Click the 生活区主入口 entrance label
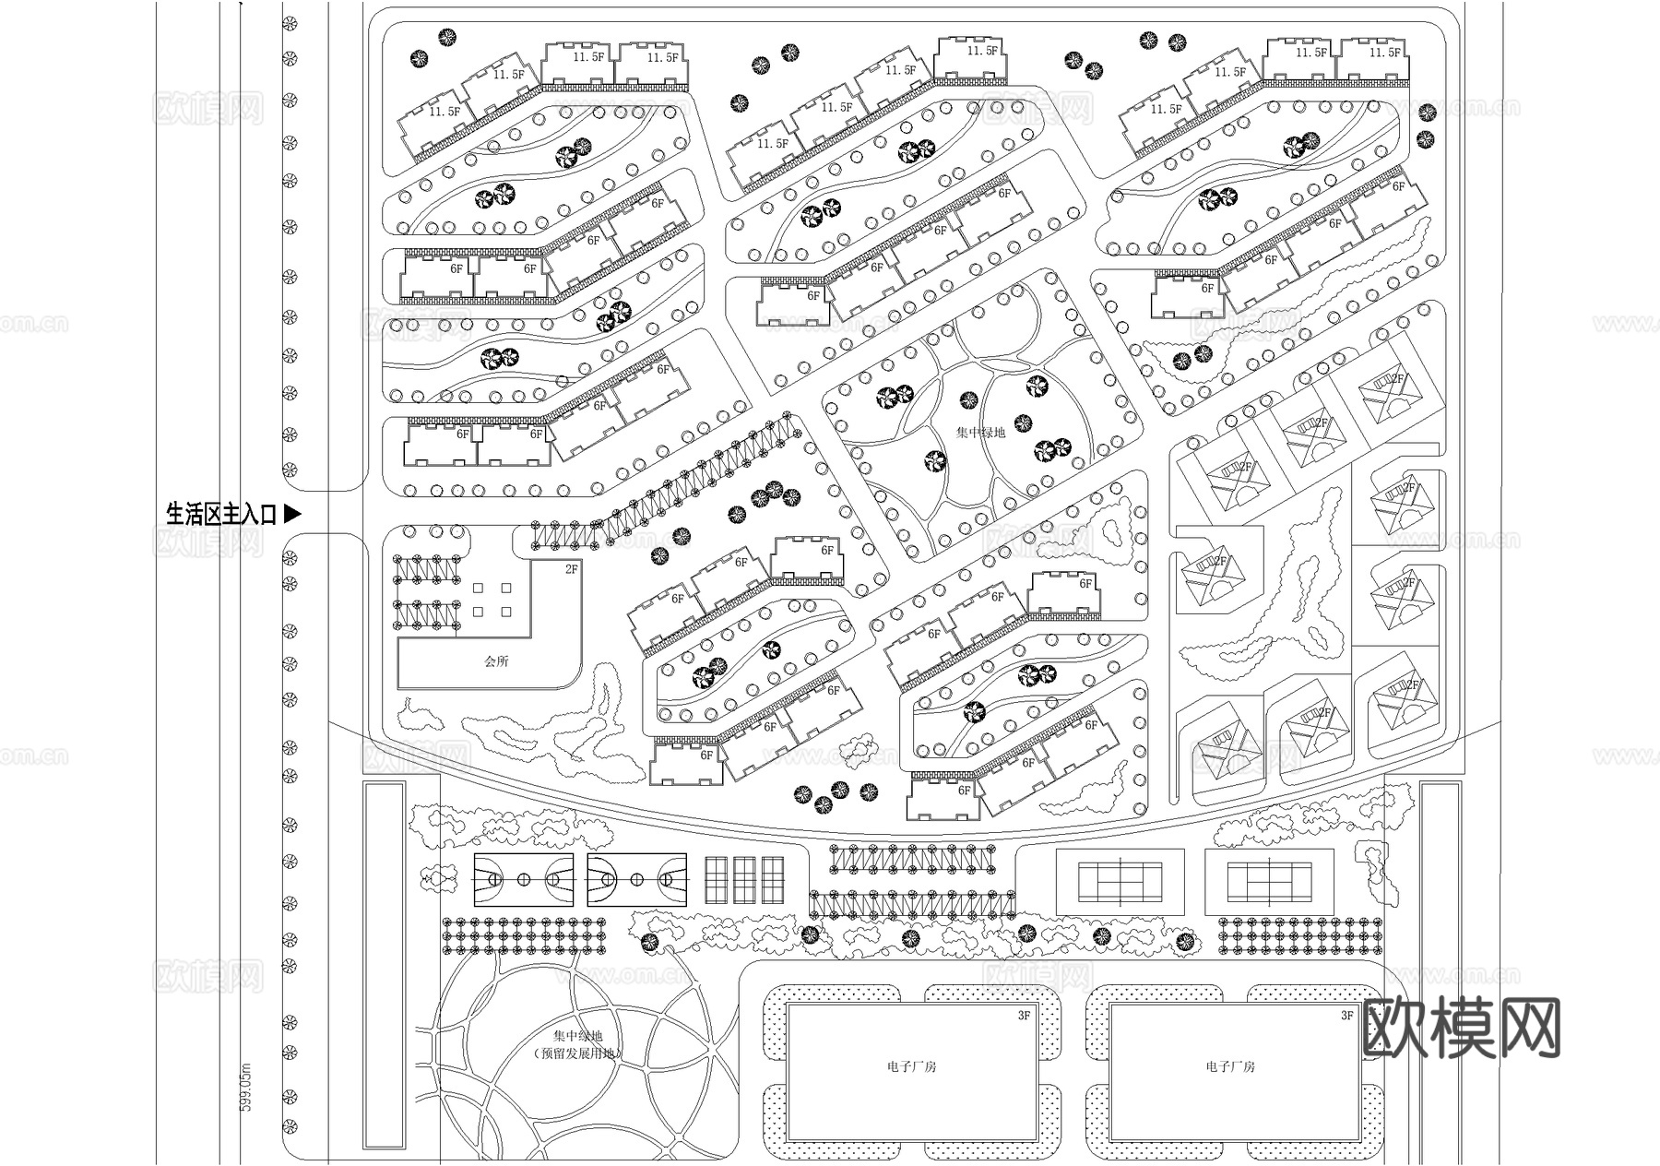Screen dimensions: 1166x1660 (221, 515)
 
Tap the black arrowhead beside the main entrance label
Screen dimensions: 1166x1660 (291, 514)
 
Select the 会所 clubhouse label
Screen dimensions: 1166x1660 (496, 661)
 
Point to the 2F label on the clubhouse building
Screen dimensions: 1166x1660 (572, 570)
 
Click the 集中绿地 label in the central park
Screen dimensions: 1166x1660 (980, 432)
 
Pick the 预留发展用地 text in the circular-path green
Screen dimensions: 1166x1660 (578, 1053)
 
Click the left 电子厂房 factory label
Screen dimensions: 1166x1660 (911, 1066)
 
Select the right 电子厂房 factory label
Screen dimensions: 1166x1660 (1230, 1066)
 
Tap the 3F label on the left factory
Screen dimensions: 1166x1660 (1024, 1016)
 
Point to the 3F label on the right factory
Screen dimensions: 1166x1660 (1347, 1016)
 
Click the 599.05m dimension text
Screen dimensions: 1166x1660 (245, 1086)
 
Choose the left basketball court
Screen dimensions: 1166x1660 (524, 880)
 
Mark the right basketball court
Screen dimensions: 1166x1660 (636, 880)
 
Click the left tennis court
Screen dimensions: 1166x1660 (1119, 883)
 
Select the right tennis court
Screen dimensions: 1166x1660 (1269, 883)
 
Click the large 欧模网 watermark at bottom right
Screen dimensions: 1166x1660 (1461, 1028)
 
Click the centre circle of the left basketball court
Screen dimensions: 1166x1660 (524, 880)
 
